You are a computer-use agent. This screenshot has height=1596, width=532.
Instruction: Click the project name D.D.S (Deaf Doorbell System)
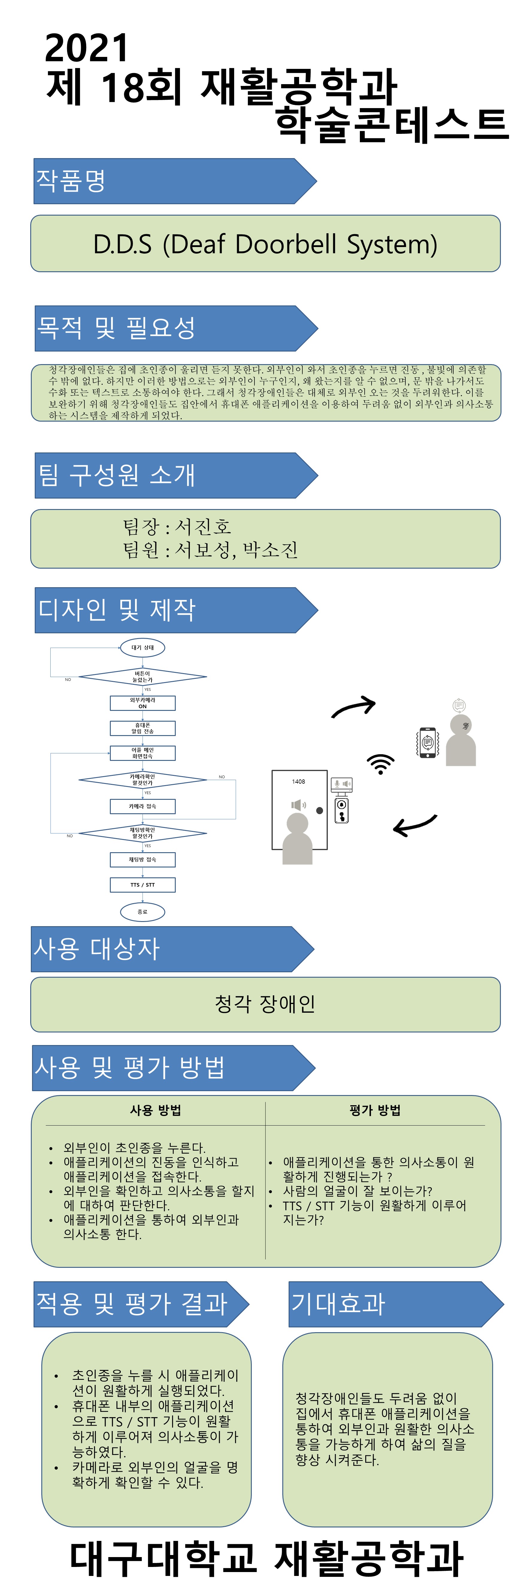pyautogui.click(x=265, y=244)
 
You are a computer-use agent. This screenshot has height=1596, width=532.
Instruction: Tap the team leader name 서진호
pyautogui.click(x=203, y=527)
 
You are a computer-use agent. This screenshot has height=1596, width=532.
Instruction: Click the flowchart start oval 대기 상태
pyautogui.click(x=143, y=647)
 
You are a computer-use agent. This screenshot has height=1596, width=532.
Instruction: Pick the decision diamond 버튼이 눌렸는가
pyautogui.click(x=143, y=676)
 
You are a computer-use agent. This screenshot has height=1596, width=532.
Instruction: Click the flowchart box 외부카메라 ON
pyautogui.click(x=143, y=702)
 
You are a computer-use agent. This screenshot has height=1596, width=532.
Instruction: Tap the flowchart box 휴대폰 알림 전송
pyautogui.click(x=143, y=728)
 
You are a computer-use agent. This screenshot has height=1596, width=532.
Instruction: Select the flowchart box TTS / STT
pyautogui.click(x=143, y=885)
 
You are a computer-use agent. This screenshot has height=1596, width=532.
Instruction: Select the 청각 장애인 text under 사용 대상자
pyautogui.click(x=265, y=1004)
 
